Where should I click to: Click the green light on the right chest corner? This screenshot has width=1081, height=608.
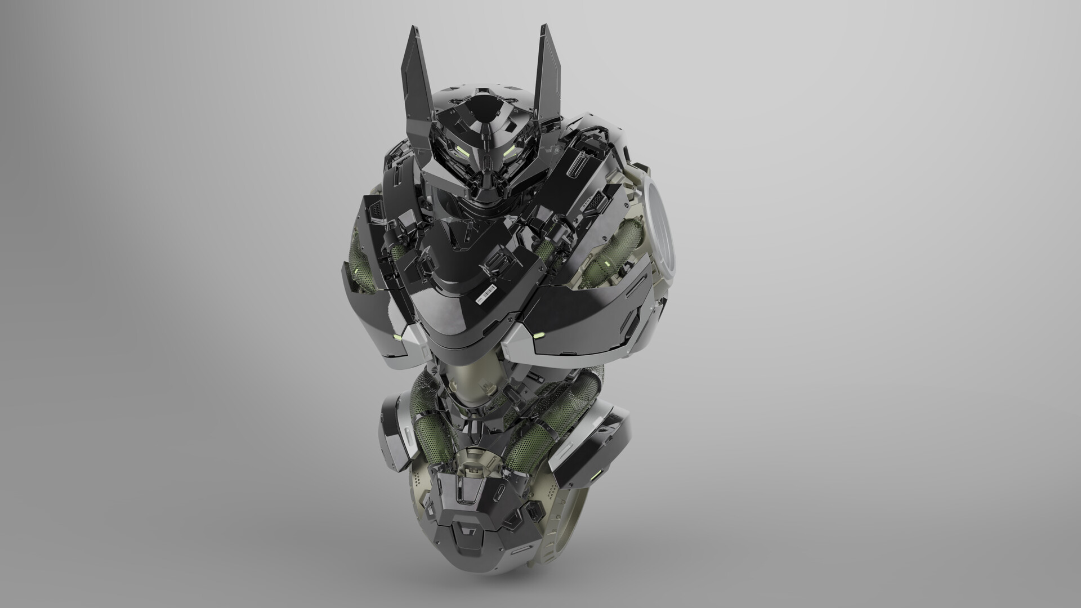point(538,336)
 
